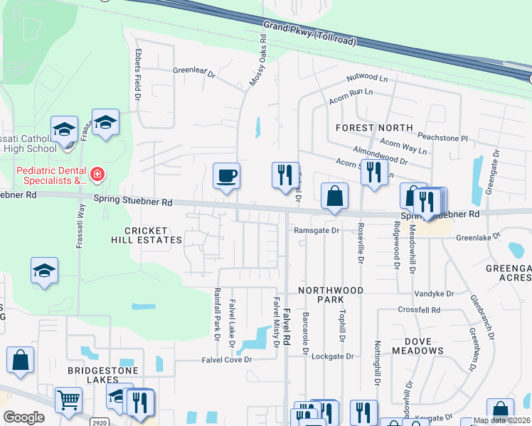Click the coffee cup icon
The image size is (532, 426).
pyautogui.click(x=226, y=176)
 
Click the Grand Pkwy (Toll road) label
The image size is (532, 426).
pyautogui.click(x=309, y=33)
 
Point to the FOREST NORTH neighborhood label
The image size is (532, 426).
pyautogui.click(x=374, y=128)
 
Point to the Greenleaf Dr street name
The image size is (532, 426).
pyautogui.click(x=194, y=71)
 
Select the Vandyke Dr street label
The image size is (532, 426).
pyautogui.click(x=435, y=293)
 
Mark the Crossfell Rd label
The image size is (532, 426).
pyautogui.click(x=420, y=310)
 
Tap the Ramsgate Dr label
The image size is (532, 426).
pyautogui.click(x=316, y=230)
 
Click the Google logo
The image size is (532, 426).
pyautogui.click(x=24, y=417)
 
